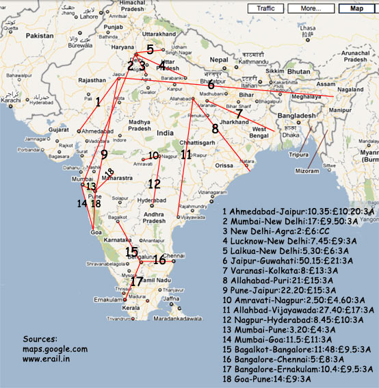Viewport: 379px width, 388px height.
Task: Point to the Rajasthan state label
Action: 92,80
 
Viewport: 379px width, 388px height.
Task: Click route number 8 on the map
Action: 215,129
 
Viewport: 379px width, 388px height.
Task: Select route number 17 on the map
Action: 137,281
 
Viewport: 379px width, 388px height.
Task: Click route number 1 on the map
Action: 98,102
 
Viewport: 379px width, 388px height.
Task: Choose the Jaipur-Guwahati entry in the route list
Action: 298,260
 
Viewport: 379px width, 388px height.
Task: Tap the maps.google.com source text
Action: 55,349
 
